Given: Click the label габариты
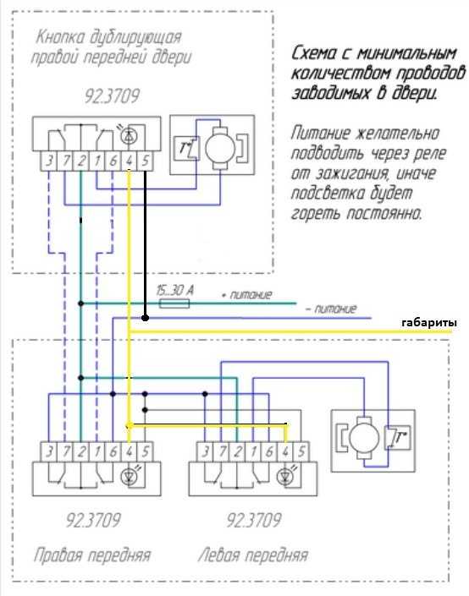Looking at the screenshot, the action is point(429,323).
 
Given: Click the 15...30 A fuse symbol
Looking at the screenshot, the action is point(174,303).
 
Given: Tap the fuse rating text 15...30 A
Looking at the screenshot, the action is point(174,291).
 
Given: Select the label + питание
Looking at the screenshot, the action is point(247,294).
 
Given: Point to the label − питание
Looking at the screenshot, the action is point(332,309).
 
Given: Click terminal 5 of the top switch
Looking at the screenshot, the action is point(145,161).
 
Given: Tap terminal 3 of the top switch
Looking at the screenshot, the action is point(49,161).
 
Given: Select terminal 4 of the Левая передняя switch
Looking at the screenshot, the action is point(285,452).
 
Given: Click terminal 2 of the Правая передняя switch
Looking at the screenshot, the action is point(80,452).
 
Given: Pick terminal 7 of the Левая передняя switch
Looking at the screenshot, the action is point(222,452).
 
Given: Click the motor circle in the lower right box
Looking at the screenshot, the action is point(364,437).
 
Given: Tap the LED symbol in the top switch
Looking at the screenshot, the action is point(129,136).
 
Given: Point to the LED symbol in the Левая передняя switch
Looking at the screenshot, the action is point(285,477).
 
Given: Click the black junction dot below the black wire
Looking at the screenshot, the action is point(145,317).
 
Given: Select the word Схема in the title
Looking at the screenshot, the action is point(314,53).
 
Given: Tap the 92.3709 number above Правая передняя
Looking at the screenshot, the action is point(93,520).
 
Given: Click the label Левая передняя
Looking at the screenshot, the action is point(253,555).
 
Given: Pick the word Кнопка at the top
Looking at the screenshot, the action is point(60,37).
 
